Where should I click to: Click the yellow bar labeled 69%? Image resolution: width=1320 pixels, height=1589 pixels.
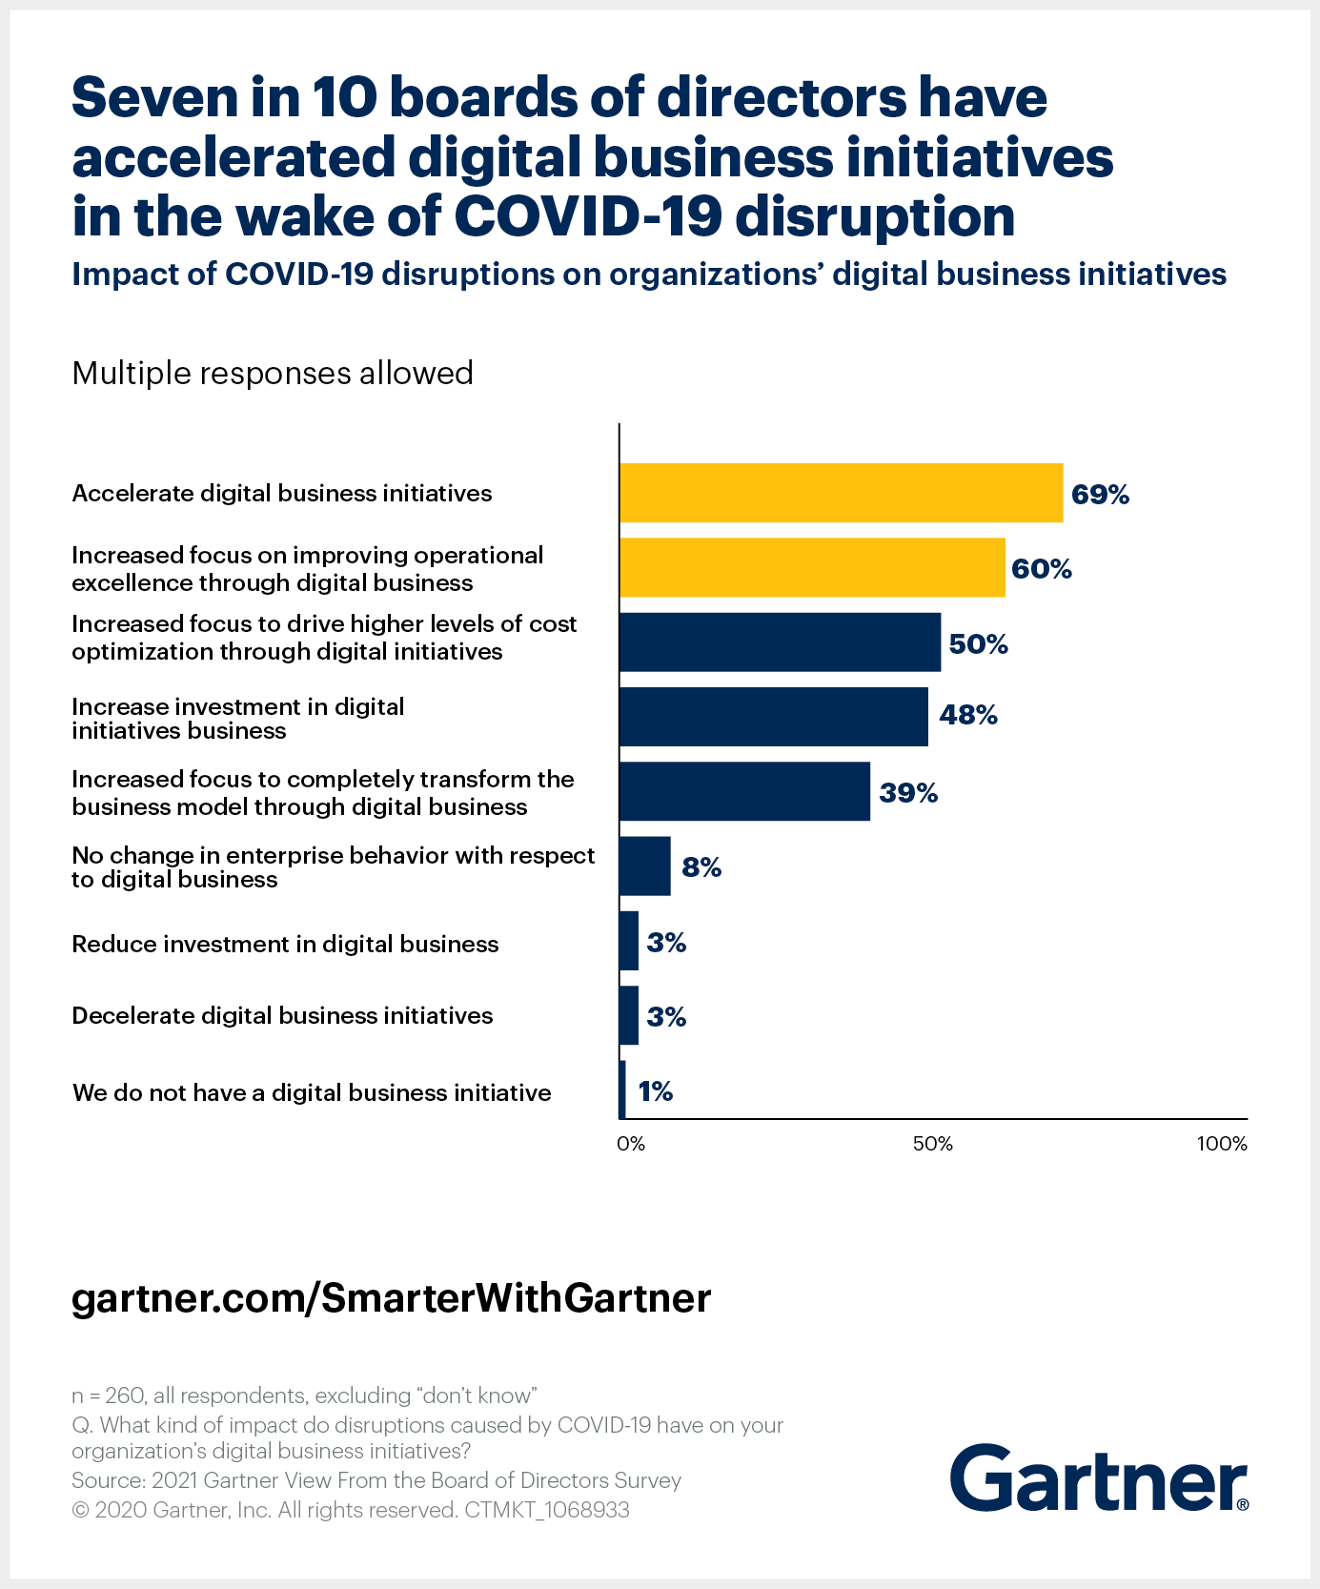841,493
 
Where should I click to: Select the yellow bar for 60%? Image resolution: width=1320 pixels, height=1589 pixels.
812,567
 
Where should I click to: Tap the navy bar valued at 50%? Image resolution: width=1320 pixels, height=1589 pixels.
780,642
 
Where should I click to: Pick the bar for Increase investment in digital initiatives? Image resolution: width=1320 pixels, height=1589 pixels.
773,717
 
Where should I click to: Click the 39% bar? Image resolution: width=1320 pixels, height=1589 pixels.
744,791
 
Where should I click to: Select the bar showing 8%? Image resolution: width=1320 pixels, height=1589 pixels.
645,866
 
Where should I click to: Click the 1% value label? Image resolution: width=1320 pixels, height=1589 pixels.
656,1091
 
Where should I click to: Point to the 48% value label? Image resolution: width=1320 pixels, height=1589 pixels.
968,715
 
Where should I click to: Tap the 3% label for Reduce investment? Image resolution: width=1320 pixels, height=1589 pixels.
666,943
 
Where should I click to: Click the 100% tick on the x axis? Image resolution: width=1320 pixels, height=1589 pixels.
1222,1144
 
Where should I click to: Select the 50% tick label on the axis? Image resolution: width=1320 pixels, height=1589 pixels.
932,1144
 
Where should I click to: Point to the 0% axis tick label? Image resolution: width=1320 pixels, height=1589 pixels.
631,1144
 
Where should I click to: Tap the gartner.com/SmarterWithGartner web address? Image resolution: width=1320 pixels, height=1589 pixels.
391,1298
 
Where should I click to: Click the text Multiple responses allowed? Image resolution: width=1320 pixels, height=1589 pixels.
273,373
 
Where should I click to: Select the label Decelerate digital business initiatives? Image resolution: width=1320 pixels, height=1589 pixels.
282,1016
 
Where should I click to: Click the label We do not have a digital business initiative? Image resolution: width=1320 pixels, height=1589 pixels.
312,1092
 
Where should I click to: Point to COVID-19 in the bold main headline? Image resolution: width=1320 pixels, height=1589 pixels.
587,216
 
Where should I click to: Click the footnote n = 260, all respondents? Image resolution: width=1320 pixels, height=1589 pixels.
305,1395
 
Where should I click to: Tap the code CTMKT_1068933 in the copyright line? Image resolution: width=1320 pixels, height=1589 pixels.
547,1510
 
